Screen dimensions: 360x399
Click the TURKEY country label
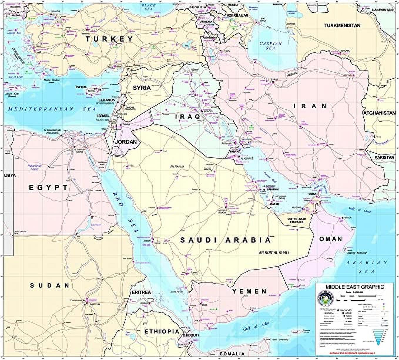click(109, 39)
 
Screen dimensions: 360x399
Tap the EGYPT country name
click(48, 188)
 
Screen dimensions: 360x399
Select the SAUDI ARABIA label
click(225, 240)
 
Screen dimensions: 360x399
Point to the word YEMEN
click(249, 291)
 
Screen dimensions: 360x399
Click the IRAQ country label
click(187, 117)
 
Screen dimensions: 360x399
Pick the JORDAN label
click(126, 142)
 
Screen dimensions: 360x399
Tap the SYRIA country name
click(142, 88)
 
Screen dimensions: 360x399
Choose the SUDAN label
click(50, 285)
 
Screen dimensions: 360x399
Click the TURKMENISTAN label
click(342, 26)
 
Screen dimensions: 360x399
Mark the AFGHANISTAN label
click(379, 113)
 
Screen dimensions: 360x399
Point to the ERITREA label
click(141, 292)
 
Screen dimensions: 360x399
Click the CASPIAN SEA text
click(271, 46)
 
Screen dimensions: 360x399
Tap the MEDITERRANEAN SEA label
click(52, 109)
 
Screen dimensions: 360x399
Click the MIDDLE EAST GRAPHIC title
click(354, 287)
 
